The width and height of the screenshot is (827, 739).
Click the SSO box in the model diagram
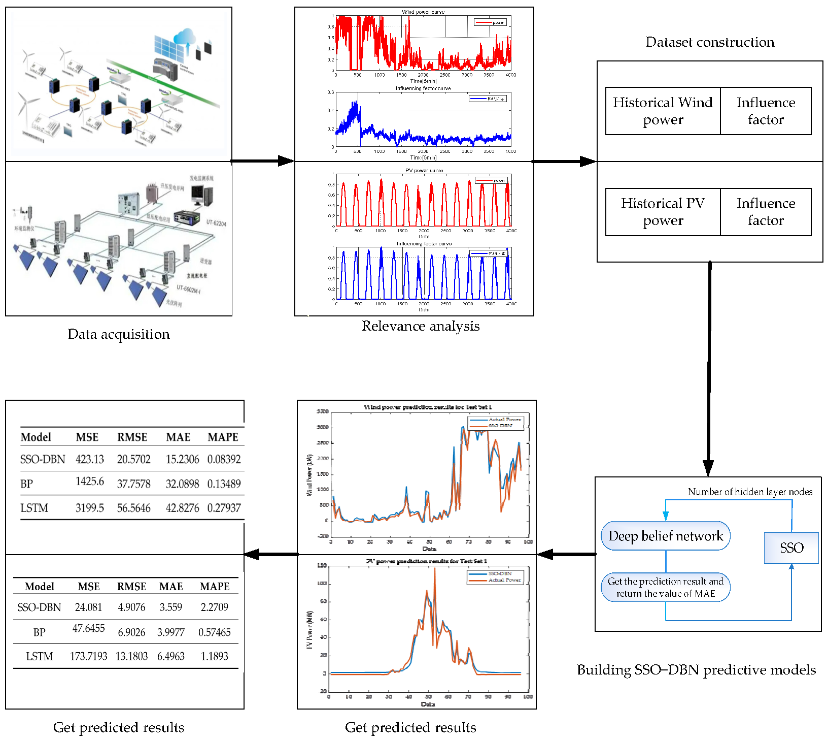pos(791,548)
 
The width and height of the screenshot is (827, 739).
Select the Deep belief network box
pos(665,536)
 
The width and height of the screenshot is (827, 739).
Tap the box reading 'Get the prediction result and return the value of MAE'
pos(665,587)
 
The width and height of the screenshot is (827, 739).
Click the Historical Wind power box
pos(663,111)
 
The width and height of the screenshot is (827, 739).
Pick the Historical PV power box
pos(663,212)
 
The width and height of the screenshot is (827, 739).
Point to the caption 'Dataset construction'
pos(710,42)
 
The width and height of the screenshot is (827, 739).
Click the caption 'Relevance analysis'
pos(421,326)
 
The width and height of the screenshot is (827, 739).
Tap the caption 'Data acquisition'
pos(119,334)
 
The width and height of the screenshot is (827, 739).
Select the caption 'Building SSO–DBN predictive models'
pos(696,670)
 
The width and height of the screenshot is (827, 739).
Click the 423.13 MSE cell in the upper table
pos(90,459)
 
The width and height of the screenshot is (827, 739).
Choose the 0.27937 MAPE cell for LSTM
pos(224,508)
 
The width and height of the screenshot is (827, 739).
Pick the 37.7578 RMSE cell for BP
pos(133,484)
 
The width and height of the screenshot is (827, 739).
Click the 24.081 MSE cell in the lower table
pos(88,607)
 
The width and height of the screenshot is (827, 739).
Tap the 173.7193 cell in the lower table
pos(88,656)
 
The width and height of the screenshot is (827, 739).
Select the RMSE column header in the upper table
pos(132,437)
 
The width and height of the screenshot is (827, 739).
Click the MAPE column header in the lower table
pos(215,587)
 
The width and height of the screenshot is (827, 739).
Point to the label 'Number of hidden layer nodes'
pos(750,492)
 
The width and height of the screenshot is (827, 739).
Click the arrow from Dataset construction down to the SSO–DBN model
pos(708,366)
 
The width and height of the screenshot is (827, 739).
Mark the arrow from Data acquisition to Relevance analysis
pos(263,162)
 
